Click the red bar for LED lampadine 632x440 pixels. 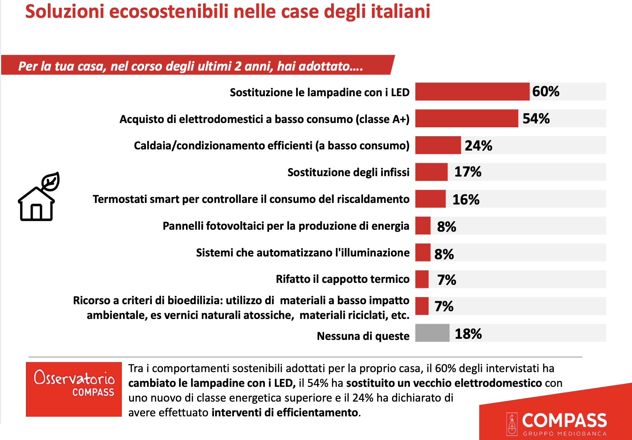(x=472, y=92)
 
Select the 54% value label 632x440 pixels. (x=536, y=119)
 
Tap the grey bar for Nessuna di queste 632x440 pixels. (x=432, y=333)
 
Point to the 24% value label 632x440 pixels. (x=478, y=146)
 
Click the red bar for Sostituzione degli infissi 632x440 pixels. (x=431, y=172)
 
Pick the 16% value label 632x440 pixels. (x=466, y=199)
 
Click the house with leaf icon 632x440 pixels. (x=38, y=197)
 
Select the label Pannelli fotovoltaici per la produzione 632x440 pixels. (x=286, y=226)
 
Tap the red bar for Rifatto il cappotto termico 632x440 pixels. (x=422, y=279)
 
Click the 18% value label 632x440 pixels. (x=468, y=334)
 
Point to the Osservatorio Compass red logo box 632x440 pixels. (x=74, y=389)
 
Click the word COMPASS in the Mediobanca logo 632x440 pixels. (x=564, y=421)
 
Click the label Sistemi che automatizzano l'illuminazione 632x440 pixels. (x=302, y=253)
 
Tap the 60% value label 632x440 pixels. (x=545, y=92)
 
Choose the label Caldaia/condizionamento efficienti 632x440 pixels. (x=271, y=146)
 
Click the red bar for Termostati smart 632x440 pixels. (x=430, y=199)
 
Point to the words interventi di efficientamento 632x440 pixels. (x=285, y=412)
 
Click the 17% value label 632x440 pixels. (x=468, y=172)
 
